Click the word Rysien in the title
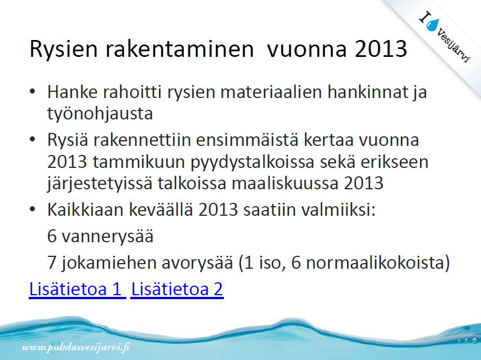point(64,49)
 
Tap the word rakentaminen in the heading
point(180,48)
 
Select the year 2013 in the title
point(381,48)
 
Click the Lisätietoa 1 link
point(77,289)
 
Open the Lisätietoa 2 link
point(177,289)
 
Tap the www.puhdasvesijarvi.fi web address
point(76,347)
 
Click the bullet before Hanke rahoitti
point(33,92)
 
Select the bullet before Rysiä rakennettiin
point(33,139)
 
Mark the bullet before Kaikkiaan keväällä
point(33,209)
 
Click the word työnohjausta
point(100,114)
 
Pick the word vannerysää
point(107,237)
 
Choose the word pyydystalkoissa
point(253,162)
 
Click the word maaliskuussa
point(285,184)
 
